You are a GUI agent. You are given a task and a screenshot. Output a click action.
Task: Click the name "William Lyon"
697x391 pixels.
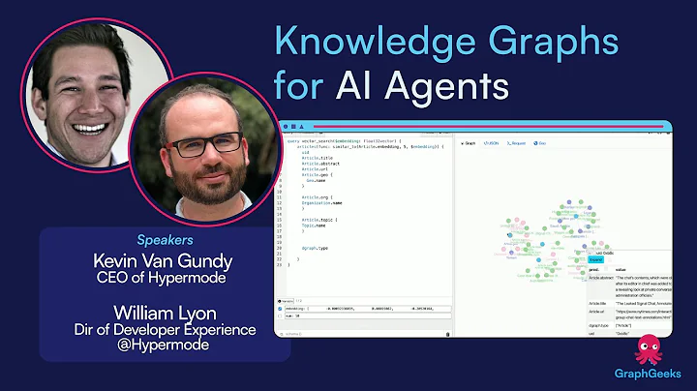click(166, 312)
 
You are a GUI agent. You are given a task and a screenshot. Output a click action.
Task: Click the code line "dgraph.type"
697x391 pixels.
click(317, 248)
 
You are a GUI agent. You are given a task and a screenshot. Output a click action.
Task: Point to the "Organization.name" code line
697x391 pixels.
click(323, 205)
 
